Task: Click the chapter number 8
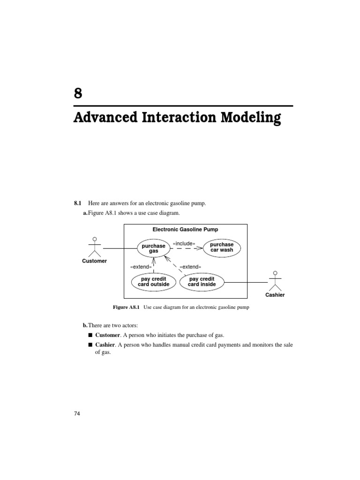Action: [78, 93]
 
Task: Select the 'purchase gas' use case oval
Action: [153, 248]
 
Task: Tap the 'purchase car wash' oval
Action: [222, 247]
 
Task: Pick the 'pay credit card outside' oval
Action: [153, 282]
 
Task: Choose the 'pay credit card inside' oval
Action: [202, 282]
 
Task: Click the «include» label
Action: [184, 243]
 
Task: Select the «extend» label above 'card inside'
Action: [190, 267]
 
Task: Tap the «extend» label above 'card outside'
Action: [141, 267]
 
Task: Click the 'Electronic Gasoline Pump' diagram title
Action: [185, 230]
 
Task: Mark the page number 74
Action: [77, 414]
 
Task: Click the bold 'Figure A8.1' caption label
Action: [127, 307]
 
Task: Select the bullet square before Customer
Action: [90, 336]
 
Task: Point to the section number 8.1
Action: [78, 203]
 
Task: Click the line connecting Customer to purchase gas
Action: [120, 248]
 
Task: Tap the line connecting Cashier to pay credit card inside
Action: [246, 282]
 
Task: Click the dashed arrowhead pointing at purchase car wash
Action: [199, 248]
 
